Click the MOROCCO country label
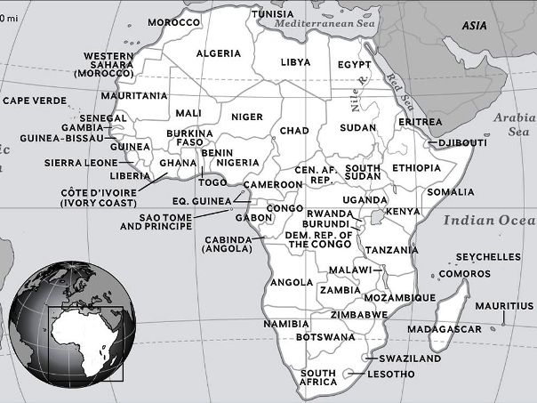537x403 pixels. [173, 21]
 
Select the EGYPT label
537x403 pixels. [354, 65]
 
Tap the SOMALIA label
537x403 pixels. [451, 191]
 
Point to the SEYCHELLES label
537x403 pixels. [488, 257]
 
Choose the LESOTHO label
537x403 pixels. [390, 374]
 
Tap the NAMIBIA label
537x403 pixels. [285, 325]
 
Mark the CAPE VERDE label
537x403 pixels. [35, 101]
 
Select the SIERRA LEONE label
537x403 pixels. [81, 164]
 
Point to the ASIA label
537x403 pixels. [474, 26]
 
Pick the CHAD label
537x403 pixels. [294, 131]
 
